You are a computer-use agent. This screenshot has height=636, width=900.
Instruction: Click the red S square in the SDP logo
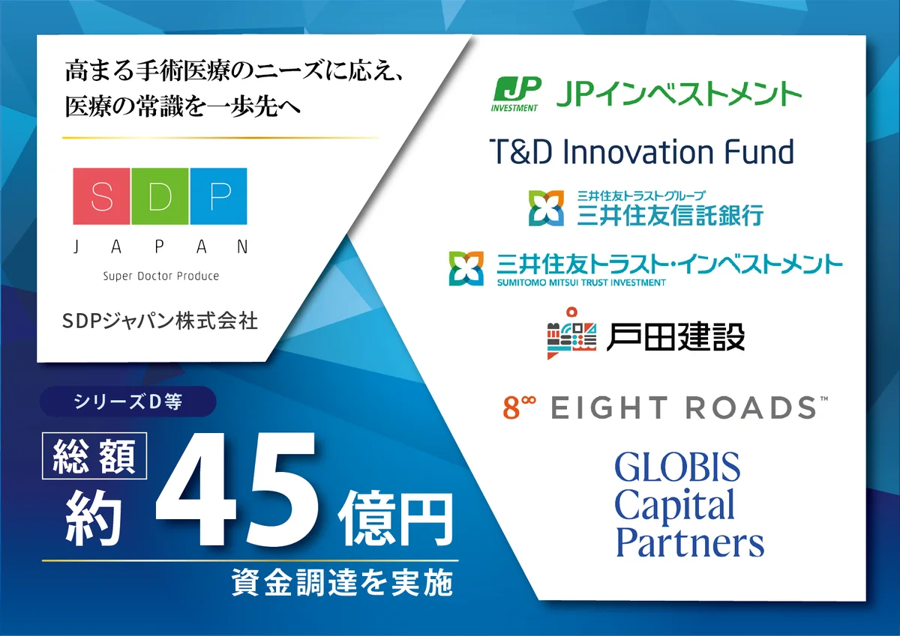click(x=101, y=196)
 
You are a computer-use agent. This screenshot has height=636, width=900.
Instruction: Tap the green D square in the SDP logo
click(x=160, y=196)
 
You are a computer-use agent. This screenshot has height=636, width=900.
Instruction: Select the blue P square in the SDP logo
click(x=218, y=196)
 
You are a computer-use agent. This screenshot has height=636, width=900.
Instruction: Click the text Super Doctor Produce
click(x=161, y=276)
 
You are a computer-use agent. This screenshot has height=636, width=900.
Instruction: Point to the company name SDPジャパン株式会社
click(x=160, y=321)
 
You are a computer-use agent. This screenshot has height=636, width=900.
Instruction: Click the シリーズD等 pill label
click(x=127, y=402)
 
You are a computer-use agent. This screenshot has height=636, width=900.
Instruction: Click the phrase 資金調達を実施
click(x=343, y=582)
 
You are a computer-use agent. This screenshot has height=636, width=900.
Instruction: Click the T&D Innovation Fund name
click(x=641, y=152)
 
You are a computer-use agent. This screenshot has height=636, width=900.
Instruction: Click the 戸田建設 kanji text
click(x=674, y=337)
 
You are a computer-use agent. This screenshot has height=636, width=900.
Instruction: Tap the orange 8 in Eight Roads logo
click(x=510, y=409)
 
